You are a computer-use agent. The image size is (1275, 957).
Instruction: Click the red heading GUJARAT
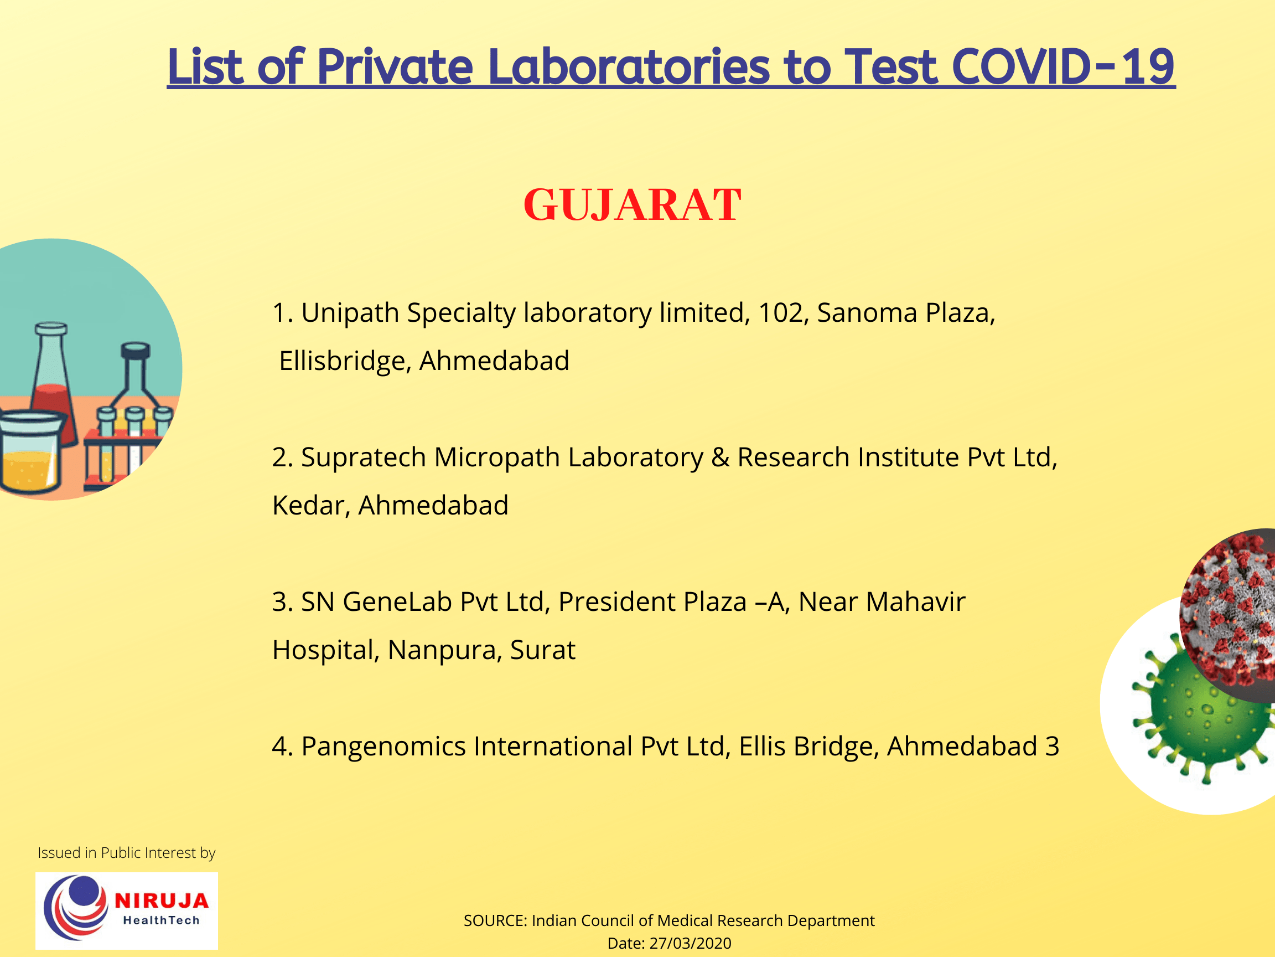[632, 205]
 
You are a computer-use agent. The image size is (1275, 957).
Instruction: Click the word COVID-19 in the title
[1062, 67]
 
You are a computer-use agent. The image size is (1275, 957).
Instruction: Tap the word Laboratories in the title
[628, 67]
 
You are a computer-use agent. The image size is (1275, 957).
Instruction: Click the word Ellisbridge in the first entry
[344, 361]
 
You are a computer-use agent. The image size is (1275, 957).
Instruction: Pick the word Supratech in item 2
[363, 457]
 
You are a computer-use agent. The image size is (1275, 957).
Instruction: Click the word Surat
[542, 650]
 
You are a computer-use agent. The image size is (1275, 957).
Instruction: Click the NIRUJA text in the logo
[162, 901]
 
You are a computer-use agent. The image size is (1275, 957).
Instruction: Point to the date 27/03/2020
[690, 943]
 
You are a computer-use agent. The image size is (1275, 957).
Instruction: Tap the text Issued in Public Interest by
[126, 852]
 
